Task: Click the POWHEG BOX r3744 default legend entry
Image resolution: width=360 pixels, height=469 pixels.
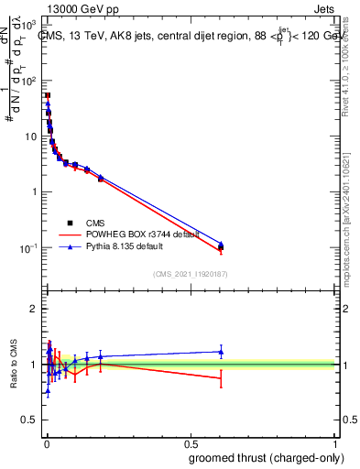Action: coord(135,234)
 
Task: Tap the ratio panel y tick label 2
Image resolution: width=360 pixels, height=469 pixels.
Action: coord(34,309)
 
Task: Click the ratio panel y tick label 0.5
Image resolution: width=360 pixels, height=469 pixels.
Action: coord(27,420)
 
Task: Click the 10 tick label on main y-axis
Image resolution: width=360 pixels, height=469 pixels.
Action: coord(29,136)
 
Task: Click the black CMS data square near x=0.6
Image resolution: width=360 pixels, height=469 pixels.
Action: coord(221,247)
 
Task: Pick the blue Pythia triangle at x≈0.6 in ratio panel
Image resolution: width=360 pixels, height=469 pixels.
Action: coord(221,351)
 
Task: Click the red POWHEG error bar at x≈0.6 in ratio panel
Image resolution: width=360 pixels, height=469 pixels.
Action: coord(221,378)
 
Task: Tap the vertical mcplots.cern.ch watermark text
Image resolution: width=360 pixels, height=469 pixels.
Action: coord(349,229)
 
